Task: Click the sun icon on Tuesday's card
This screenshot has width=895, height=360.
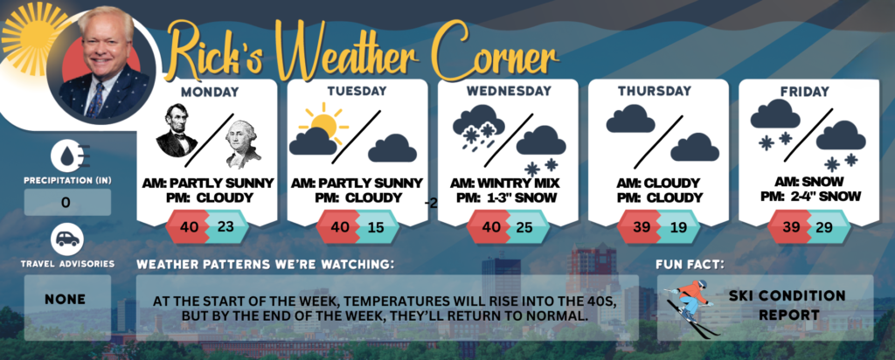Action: pyautogui.click(x=323, y=122)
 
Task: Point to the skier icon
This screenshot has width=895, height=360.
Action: pyautogui.click(x=689, y=307)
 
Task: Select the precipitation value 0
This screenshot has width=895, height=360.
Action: pyautogui.click(x=66, y=203)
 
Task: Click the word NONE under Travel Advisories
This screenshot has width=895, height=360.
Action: pyautogui.click(x=66, y=300)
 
